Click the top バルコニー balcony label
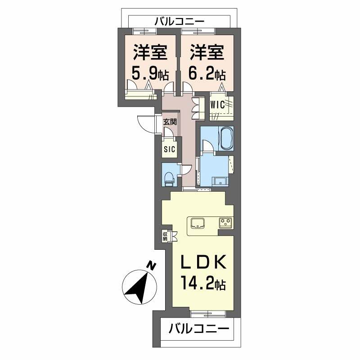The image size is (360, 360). coord(180,21)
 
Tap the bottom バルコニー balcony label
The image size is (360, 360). coord(199,329)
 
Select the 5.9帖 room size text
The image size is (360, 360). coord(150,72)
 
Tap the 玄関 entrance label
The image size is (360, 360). coord(170,121)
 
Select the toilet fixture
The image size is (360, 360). coord(169,178)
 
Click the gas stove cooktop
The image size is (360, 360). coord(225,221)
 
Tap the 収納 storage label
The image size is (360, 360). coord(165,236)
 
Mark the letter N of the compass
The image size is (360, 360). coord(152,266)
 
